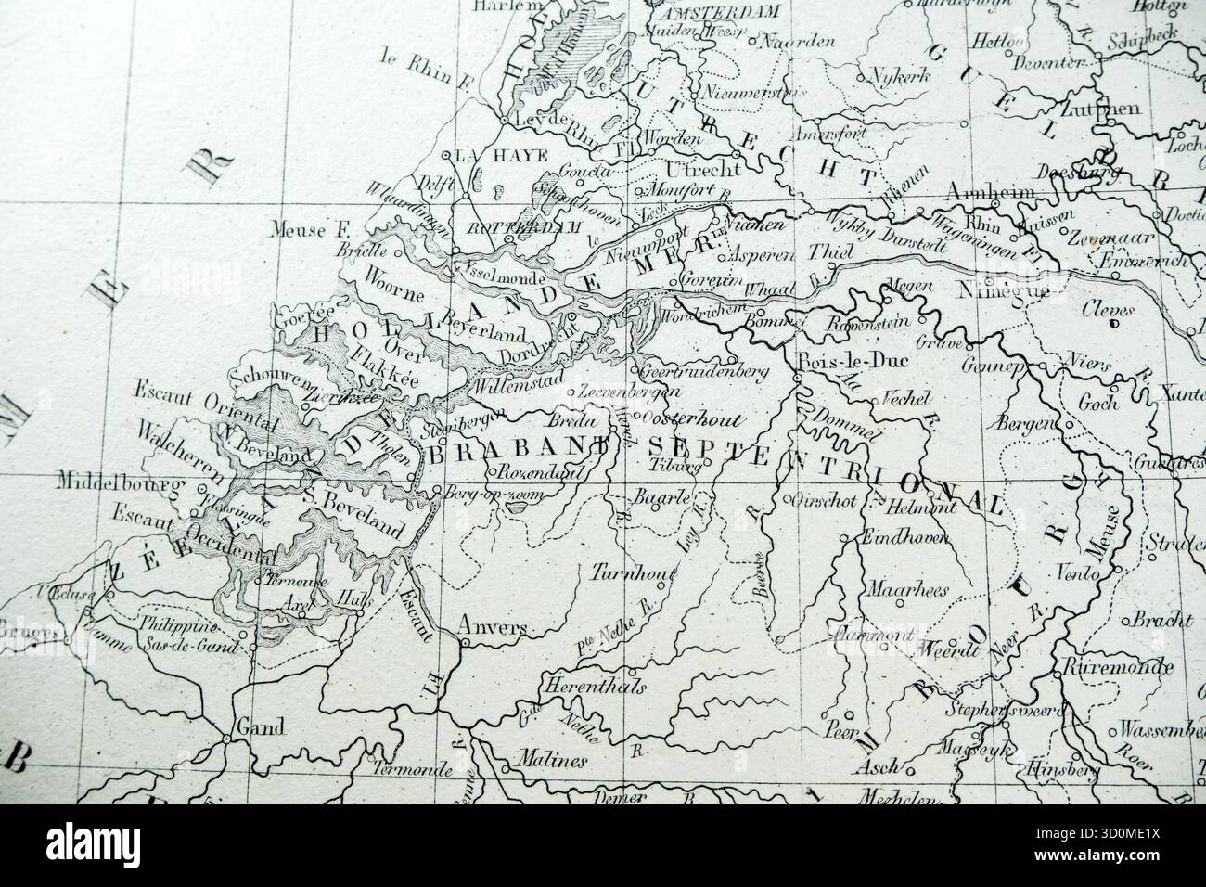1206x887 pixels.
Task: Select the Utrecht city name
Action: pos(703,169)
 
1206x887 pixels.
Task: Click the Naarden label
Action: pos(802,42)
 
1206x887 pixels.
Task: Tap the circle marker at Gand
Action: pos(226,739)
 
